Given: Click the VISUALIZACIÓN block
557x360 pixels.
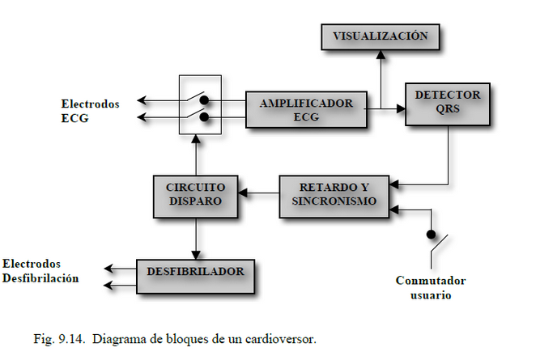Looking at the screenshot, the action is point(381,37).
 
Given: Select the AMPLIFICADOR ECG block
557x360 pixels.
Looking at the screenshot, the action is point(306,110).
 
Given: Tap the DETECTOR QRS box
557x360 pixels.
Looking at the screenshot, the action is point(448,104).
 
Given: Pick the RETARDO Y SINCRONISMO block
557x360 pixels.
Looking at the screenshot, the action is point(334,197).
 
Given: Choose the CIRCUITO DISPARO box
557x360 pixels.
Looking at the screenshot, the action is point(195,197).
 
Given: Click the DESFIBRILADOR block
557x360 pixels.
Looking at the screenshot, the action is point(196,277).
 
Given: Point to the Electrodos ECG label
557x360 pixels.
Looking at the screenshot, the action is point(90,111).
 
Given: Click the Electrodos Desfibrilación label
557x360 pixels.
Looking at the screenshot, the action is point(40,271).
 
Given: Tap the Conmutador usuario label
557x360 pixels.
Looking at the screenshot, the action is point(431,287).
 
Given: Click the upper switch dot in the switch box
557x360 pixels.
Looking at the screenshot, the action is point(204,100).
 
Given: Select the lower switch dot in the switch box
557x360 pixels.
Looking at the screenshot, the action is point(204,116).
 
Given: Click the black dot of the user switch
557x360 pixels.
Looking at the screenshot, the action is point(431,235).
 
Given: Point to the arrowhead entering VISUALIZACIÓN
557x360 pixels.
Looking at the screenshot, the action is point(381,54).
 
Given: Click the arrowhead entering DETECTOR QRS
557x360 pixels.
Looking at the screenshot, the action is point(401,108).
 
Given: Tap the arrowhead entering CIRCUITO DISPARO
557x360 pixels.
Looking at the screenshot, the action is point(243,193).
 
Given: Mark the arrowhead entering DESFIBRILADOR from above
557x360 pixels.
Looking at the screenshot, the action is point(196,256).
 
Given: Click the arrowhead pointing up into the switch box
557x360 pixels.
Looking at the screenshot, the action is point(196,139).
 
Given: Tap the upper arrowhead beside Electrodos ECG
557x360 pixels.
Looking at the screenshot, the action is point(142,100).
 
